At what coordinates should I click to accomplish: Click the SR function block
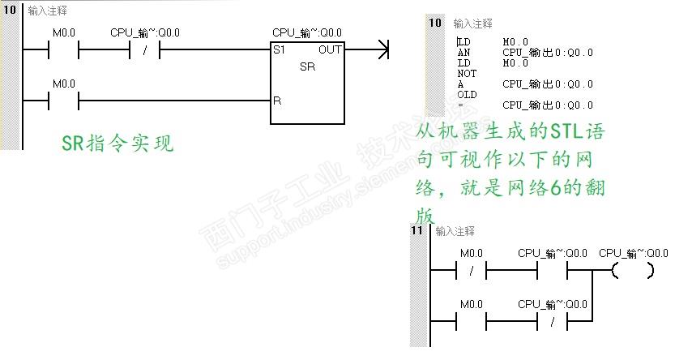click(307, 81)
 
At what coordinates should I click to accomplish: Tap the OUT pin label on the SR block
click(330, 50)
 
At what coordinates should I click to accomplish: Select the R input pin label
click(277, 101)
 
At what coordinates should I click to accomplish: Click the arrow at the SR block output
click(382, 50)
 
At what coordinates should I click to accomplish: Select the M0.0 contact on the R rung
click(64, 101)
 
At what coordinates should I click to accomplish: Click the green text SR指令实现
click(117, 144)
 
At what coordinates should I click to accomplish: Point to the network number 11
click(417, 231)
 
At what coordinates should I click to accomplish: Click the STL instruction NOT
click(467, 73)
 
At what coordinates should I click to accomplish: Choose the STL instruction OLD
click(467, 94)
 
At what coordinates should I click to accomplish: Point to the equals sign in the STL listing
click(460, 105)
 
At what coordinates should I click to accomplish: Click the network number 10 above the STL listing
click(435, 24)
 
